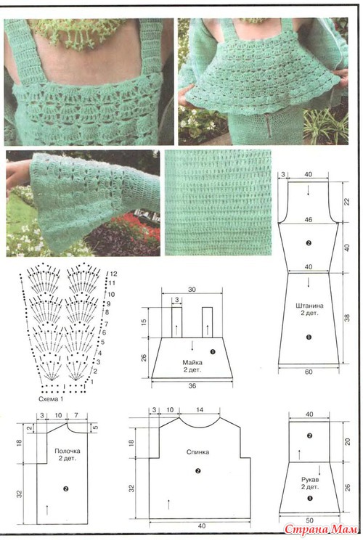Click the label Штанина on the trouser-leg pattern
(309, 306)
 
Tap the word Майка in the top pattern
(192, 362)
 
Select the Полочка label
(68, 451)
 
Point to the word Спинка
(197, 452)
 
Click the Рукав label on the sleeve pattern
(310, 479)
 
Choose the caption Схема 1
(51, 399)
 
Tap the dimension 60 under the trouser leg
(309, 372)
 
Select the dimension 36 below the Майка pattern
(192, 385)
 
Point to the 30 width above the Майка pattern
(192, 290)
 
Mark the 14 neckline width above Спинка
(200, 409)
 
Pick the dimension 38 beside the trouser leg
(347, 318)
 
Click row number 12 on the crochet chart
(113, 274)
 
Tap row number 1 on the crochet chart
(91, 382)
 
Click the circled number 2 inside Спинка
(197, 471)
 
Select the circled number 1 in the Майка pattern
(213, 351)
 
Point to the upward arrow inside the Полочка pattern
(47, 510)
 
